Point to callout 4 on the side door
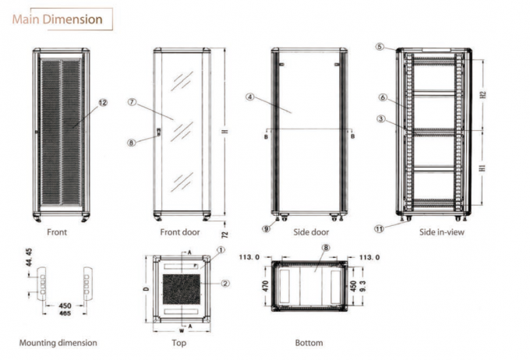pyautogui.click(x=249, y=97)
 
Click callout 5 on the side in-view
pyautogui.click(x=380, y=47)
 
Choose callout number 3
pyautogui.click(x=380, y=119)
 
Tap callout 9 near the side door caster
pyautogui.click(x=266, y=228)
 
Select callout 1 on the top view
pyautogui.click(x=221, y=251)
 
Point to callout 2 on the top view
pyautogui.click(x=225, y=283)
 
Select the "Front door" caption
pyautogui.click(x=180, y=232)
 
